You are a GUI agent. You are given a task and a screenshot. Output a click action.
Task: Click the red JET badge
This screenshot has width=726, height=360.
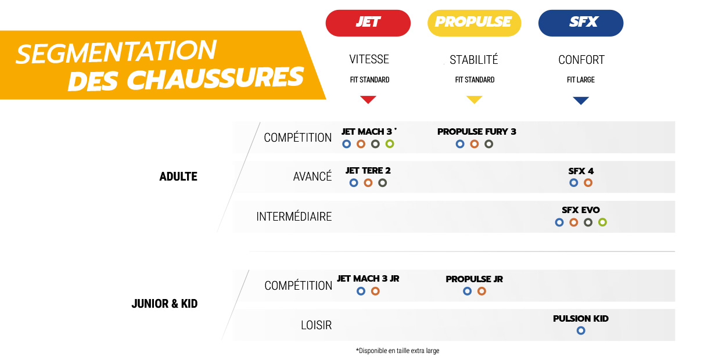(x=368, y=23)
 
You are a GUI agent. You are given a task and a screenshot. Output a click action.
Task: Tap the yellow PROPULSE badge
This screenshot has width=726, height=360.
(x=474, y=23)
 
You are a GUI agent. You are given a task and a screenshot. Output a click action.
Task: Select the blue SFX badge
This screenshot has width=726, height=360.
(x=581, y=23)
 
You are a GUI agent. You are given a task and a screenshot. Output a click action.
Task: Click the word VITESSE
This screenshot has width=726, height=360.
(x=369, y=59)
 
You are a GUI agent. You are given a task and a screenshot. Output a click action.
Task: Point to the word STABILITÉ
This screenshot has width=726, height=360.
(x=474, y=60)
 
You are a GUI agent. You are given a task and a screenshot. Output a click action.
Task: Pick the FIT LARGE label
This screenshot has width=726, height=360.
(x=581, y=80)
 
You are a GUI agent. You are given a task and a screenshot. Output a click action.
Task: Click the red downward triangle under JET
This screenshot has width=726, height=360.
(x=368, y=99)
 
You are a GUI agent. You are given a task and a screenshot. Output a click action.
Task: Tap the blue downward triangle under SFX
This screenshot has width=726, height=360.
(x=581, y=100)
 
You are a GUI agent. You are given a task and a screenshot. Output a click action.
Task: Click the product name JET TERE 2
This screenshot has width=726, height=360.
(x=368, y=171)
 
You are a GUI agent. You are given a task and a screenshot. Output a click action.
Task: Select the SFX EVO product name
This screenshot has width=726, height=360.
(x=581, y=210)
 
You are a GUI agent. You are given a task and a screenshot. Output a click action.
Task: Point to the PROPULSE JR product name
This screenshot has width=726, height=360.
(x=474, y=279)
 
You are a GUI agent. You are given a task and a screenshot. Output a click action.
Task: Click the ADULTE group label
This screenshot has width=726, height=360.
(x=178, y=177)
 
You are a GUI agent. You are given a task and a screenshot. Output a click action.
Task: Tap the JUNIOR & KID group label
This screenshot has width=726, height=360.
(x=164, y=304)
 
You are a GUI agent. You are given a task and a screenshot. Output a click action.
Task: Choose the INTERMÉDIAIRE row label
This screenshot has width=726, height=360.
(x=294, y=216)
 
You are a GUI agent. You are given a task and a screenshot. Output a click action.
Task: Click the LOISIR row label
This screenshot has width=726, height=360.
(x=317, y=325)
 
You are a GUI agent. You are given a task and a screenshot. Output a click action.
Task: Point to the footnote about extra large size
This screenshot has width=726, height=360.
(x=398, y=351)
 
